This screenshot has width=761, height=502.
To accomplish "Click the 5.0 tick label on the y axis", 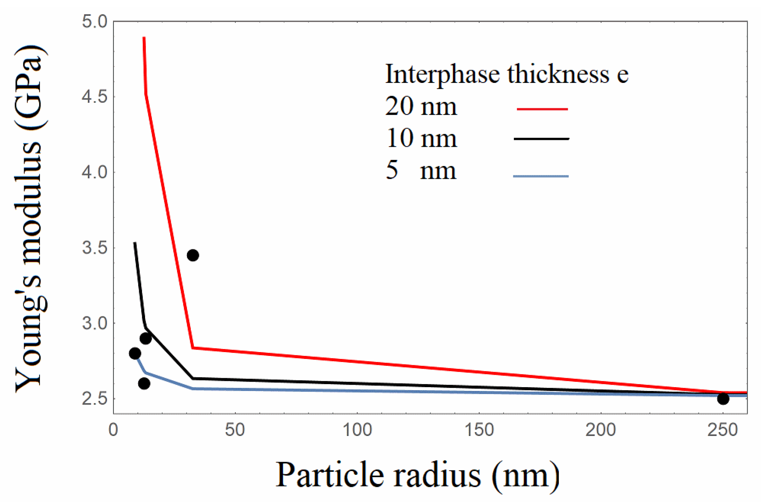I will click(x=95, y=21).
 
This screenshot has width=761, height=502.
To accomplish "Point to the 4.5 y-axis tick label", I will click(x=95, y=97).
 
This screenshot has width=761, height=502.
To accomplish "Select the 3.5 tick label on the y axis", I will click(x=95, y=248).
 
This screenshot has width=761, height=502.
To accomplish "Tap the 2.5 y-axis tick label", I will click(x=95, y=399).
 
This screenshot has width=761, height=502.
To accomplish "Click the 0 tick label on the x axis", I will click(x=113, y=430).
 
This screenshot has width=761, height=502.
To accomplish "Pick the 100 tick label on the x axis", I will click(x=357, y=430).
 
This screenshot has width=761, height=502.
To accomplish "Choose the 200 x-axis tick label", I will click(x=600, y=430).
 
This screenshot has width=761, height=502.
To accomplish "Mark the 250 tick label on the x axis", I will click(x=723, y=430).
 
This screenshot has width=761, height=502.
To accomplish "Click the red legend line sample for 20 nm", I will click(x=542, y=109).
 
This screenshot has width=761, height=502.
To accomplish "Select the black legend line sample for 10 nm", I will click(x=541, y=139).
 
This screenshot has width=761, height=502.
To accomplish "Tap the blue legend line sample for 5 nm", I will click(x=541, y=176).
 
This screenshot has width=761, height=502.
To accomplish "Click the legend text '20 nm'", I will click(x=421, y=107).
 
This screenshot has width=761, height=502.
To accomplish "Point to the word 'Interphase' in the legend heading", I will click(x=442, y=75).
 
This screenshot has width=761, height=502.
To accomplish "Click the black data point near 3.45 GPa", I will click(x=192, y=255).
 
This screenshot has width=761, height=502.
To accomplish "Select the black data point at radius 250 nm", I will click(x=723, y=399).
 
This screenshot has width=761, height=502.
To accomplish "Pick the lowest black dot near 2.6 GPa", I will click(x=144, y=383).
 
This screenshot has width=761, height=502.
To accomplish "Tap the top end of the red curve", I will click(x=144, y=38).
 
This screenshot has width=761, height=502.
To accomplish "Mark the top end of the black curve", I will click(x=135, y=243).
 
